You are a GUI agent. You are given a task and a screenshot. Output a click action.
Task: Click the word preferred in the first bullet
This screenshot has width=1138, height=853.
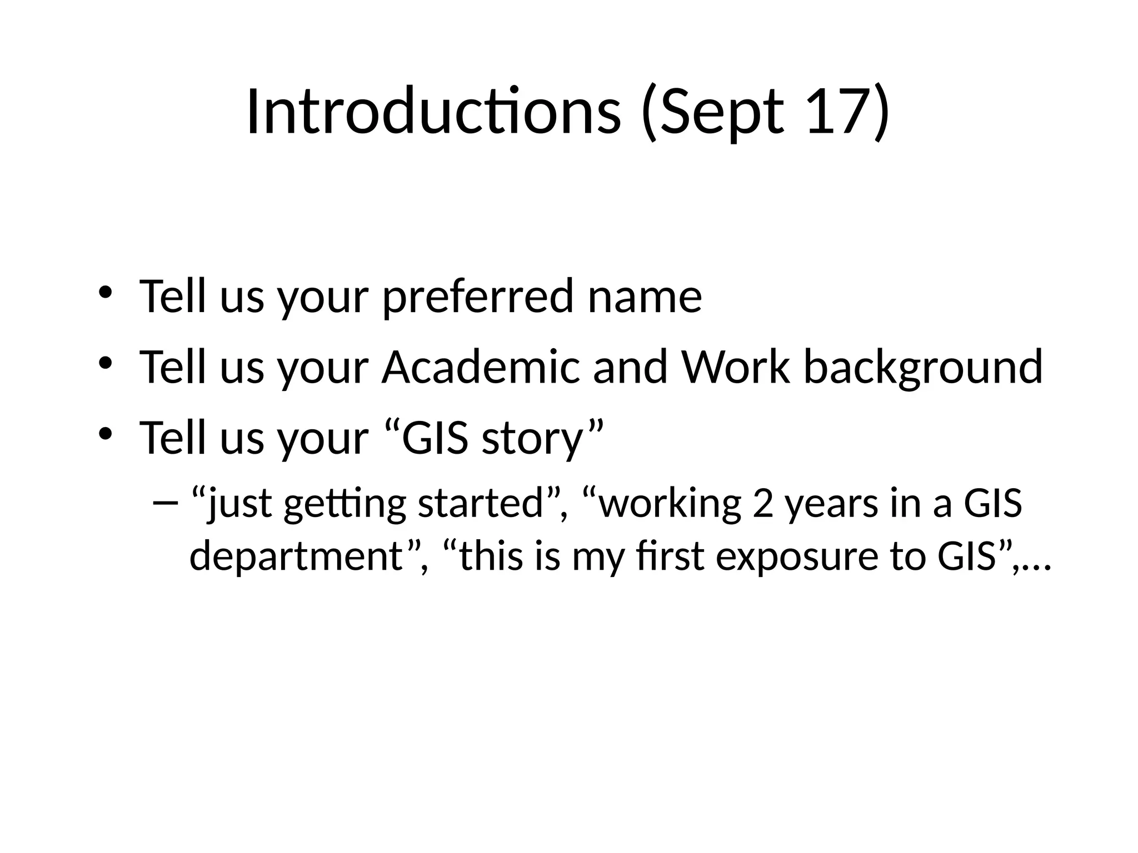pyautogui.click(x=478, y=297)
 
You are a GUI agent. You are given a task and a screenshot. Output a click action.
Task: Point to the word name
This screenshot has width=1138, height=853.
pyautogui.click(x=645, y=297)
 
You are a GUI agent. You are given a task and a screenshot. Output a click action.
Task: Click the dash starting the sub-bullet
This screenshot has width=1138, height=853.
pyautogui.click(x=165, y=503)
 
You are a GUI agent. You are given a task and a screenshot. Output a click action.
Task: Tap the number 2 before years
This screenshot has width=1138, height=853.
pyautogui.click(x=763, y=503)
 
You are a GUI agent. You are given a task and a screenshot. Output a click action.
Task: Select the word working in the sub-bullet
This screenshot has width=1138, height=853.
pyautogui.click(x=670, y=504)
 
